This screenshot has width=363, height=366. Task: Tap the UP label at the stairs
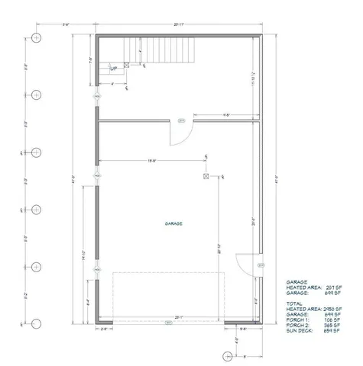pos(114,69)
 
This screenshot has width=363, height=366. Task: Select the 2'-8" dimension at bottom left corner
pos(104,330)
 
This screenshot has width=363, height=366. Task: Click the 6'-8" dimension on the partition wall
pos(226,115)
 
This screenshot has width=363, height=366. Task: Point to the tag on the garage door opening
pos(168,323)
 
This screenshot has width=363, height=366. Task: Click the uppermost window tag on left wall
pos(96,98)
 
